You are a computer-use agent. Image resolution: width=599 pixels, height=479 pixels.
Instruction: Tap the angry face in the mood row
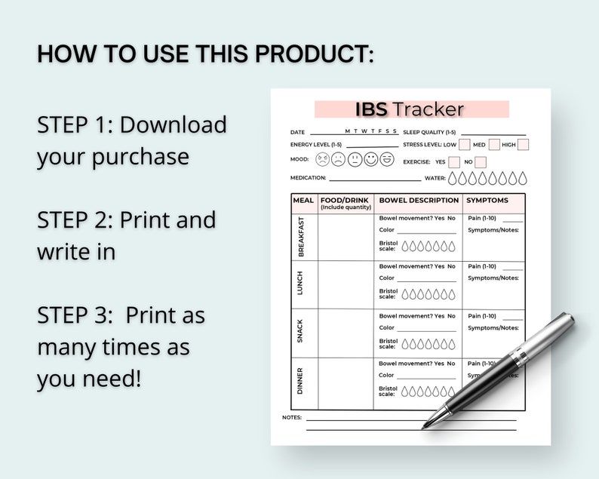322,160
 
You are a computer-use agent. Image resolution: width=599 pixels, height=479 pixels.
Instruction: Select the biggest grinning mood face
387,159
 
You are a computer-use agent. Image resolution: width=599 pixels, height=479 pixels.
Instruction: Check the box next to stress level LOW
465,144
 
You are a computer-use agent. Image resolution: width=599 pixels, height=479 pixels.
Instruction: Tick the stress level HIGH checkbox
523,144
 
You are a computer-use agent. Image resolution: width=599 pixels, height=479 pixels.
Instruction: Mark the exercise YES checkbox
454,162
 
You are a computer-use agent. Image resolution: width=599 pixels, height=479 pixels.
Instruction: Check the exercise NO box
481,162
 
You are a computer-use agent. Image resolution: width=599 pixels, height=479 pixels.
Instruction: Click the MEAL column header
303,201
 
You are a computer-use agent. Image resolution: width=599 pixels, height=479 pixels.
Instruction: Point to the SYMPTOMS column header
487,201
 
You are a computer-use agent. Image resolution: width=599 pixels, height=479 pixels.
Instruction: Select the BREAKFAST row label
302,237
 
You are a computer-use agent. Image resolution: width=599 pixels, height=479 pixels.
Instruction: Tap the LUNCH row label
302,284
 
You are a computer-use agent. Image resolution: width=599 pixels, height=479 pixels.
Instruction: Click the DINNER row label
302,380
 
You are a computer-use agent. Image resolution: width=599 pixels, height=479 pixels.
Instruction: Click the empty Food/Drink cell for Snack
346,333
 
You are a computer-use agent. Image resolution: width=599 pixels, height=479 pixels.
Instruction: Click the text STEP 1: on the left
75,124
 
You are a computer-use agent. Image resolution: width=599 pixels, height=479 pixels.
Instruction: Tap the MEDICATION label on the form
308,178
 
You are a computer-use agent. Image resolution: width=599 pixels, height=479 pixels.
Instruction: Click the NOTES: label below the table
292,417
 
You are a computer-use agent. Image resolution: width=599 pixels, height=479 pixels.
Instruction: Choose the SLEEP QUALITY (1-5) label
430,132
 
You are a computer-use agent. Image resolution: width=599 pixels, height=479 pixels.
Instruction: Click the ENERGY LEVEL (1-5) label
316,144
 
